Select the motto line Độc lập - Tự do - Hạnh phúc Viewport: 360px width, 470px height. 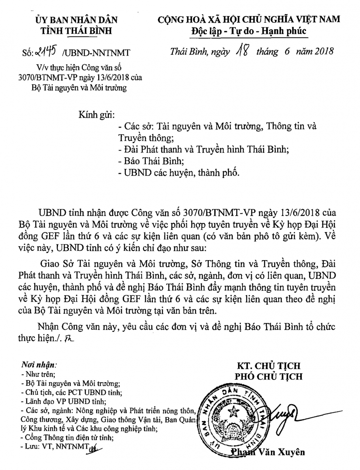click(248, 31)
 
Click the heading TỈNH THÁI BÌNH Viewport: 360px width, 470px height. click(76, 31)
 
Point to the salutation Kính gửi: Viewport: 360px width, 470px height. click(96, 114)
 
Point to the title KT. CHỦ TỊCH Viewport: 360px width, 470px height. click(268, 366)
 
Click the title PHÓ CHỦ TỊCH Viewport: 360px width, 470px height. click(268, 376)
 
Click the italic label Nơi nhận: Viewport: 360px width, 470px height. click(39, 365)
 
